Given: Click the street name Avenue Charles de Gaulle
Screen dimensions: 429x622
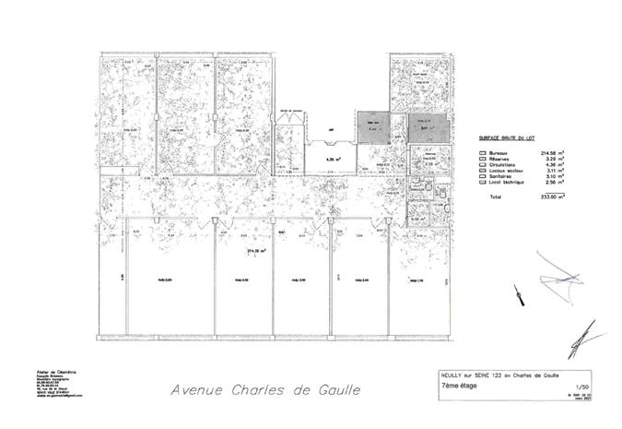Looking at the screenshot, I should (265, 389).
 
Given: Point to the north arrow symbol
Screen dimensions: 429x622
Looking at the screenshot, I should (522, 297).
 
